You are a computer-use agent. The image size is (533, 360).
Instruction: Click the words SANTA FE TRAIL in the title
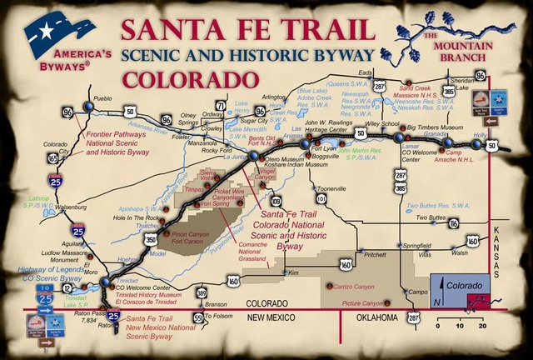245,29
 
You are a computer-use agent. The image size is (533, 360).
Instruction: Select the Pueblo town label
102,98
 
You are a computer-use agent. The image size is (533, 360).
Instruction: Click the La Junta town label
234,156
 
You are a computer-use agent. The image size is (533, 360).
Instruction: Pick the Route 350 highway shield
150,239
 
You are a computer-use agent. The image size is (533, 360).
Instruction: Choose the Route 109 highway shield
276,201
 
